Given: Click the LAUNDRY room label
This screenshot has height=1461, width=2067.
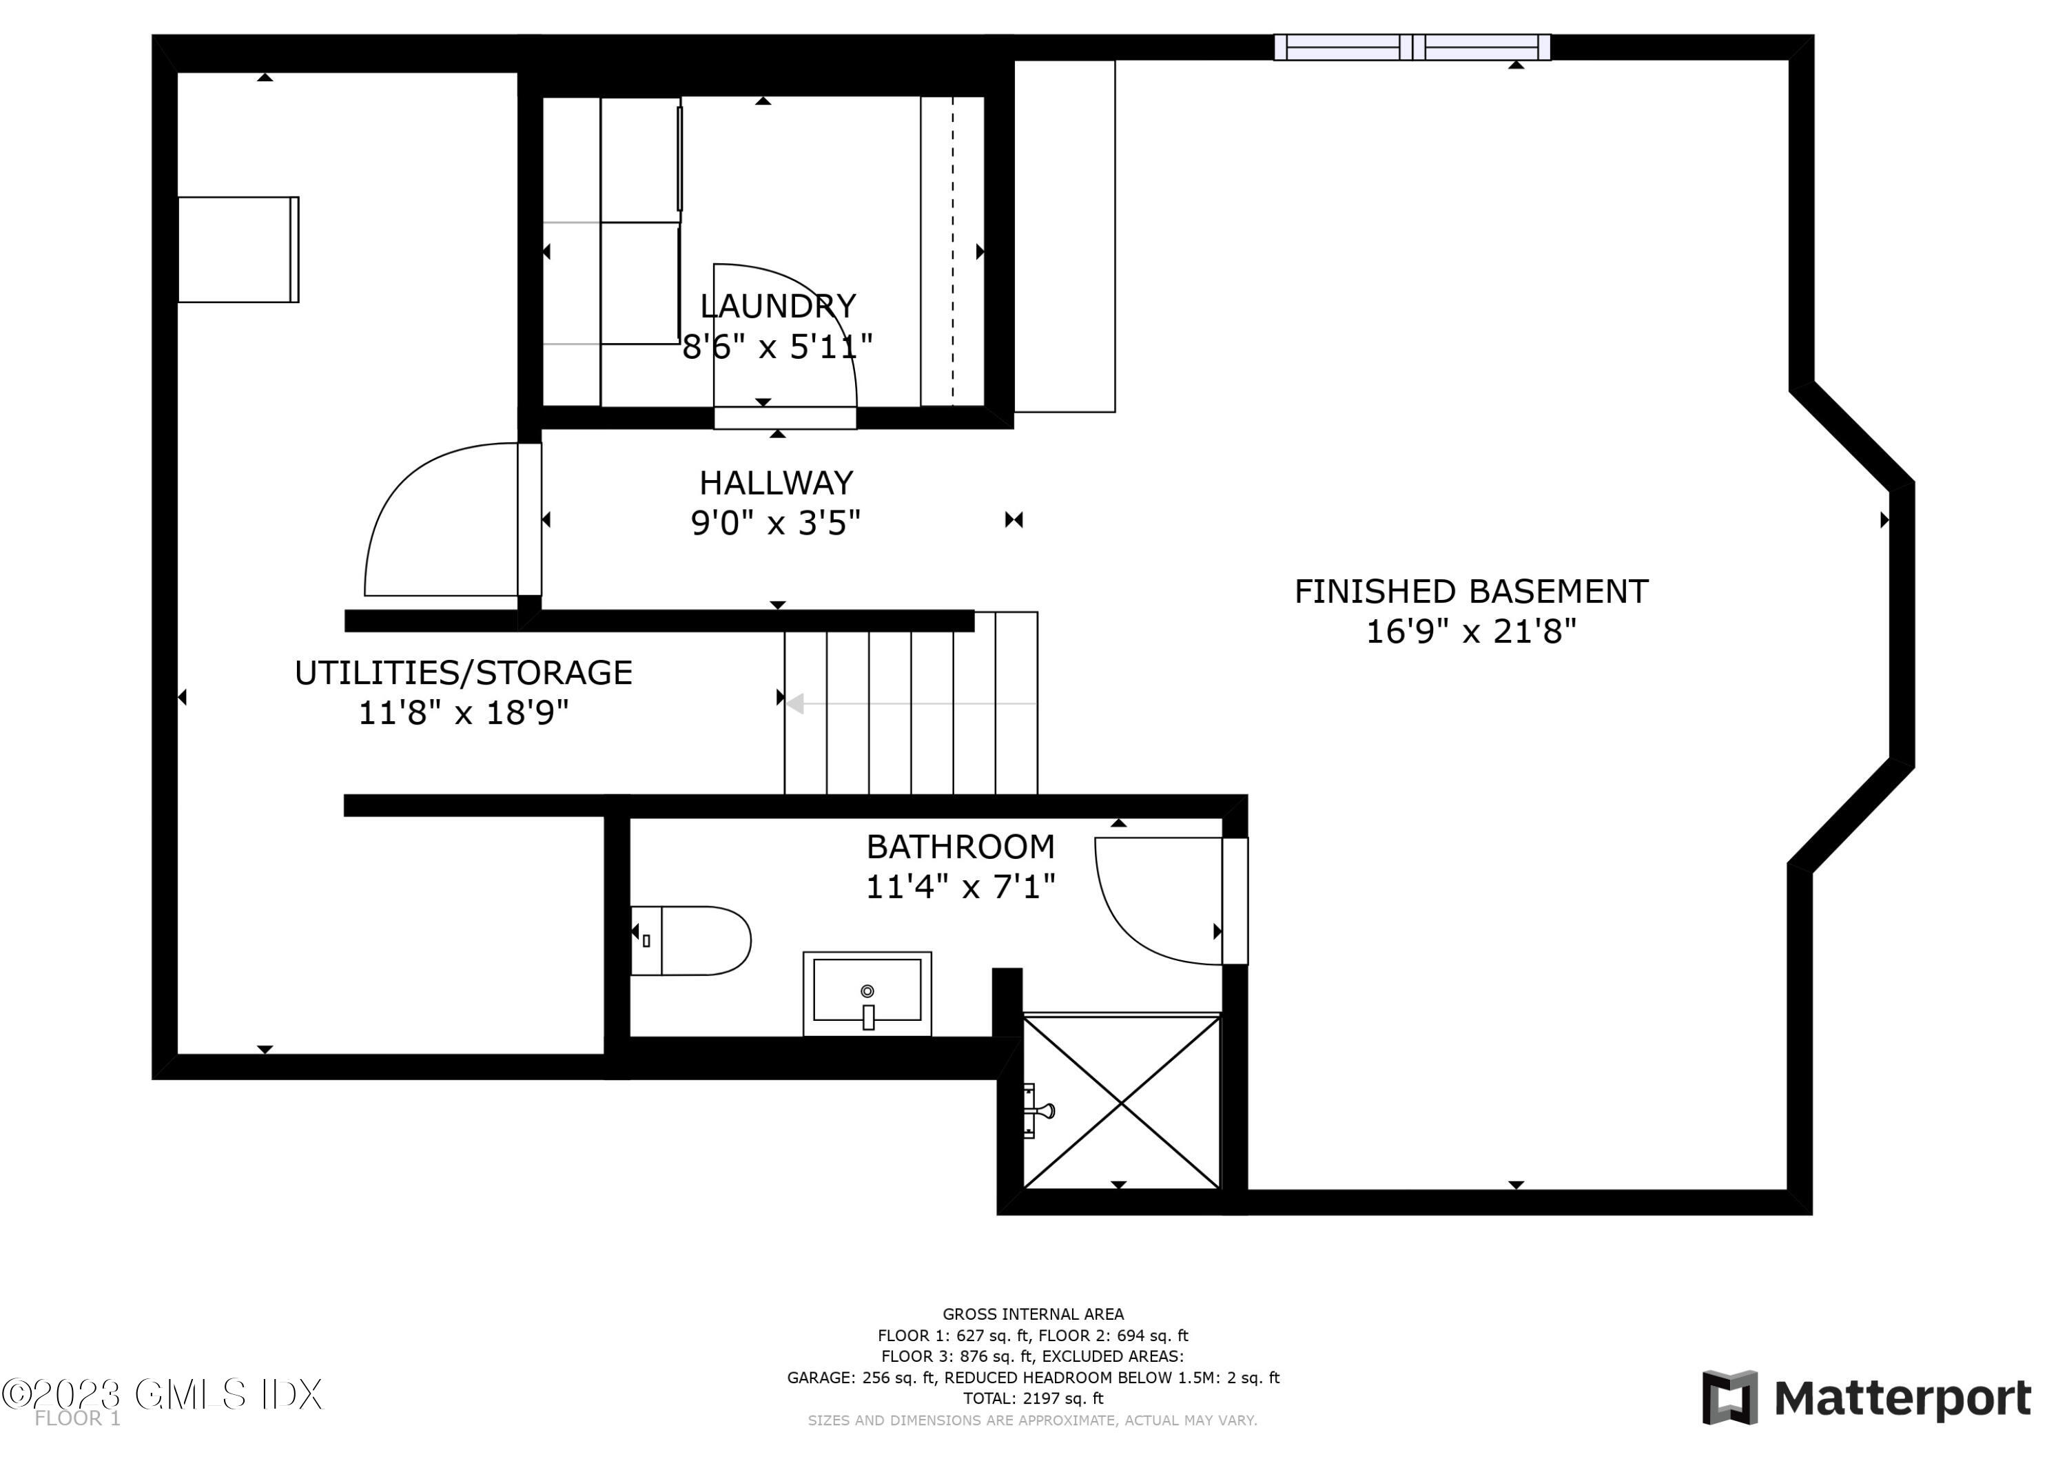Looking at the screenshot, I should click(x=777, y=306).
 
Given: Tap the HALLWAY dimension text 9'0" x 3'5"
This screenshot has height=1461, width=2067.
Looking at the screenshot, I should click(x=775, y=523).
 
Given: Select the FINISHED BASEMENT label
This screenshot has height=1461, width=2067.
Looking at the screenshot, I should click(x=1470, y=592).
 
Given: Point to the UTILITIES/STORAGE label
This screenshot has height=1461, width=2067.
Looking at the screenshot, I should click(x=463, y=672).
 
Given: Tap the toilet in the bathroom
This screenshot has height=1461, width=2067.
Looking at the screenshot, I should click(x=693, y=941).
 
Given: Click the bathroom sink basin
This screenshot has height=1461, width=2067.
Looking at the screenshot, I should click(x=866, y=991).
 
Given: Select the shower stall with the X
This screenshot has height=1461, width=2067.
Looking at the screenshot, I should click(x=1121, y=1102).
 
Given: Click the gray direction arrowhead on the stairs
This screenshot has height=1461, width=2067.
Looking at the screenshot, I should click(x=795, y=703).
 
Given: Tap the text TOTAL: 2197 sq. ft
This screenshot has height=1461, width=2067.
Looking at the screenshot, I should click(x=1033, y=1398).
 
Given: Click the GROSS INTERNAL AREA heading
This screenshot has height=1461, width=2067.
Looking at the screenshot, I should click(x=1033, y=1314).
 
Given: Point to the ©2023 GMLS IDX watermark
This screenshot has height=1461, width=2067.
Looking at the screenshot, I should click(x=162, y=1394).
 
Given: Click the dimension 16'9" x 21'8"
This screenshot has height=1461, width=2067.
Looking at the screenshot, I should click(x=1470, y=632).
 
